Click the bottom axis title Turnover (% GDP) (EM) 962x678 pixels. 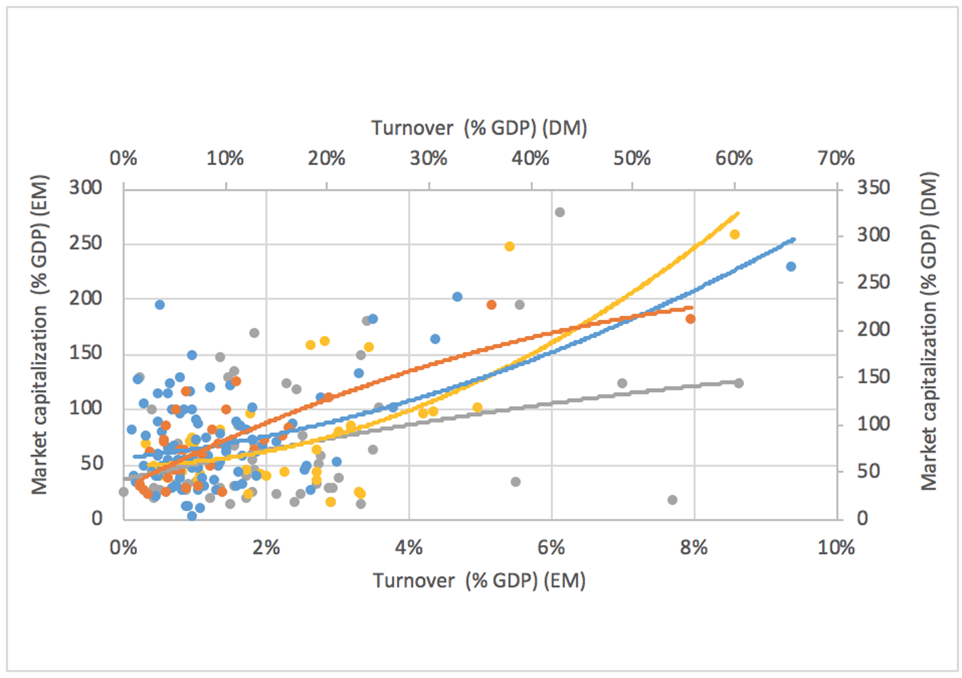tap(479, 580)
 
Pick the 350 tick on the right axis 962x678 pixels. tap(863, 188)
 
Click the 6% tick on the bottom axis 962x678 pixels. tap(551, 547)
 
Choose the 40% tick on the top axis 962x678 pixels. tap(530, 158)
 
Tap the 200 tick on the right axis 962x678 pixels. tap(863, 330)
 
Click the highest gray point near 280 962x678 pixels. tap(560, 212)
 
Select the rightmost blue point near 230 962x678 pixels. tap(790, 266)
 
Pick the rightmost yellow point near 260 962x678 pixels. tap(734, 234)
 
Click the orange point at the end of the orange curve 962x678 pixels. tap(690, 318)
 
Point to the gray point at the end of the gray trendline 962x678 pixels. tap(739, 383)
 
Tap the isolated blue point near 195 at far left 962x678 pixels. tap(160, 305)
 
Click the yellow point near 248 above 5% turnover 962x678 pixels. tap(509, 246)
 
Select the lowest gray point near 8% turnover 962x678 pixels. tap(673, 500)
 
